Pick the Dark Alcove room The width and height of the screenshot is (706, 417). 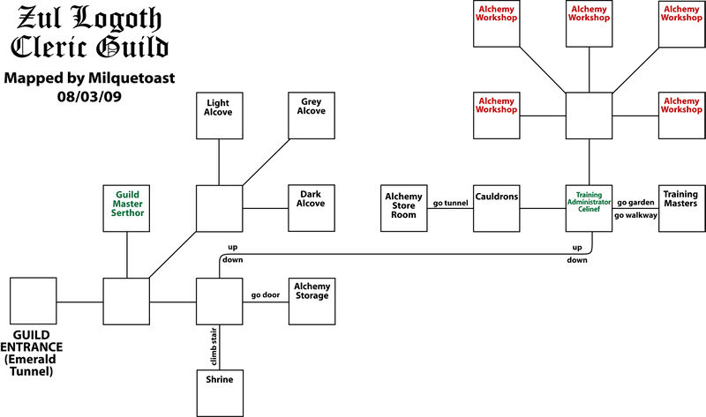pos(312,208)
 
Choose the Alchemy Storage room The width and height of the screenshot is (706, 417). pos(312,301)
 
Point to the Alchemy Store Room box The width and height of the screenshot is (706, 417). pos(404,208)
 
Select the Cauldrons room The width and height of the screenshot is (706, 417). pos(497,208)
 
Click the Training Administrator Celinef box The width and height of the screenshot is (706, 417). pos(589,208)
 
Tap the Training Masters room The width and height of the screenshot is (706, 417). pos(680,208)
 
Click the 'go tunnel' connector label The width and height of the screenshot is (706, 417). pos(450,204)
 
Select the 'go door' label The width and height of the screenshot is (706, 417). pos(265,294)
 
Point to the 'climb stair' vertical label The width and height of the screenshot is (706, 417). pos(213,346)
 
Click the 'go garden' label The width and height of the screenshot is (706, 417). pos(635,203)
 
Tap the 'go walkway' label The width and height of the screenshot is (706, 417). pos(635,215)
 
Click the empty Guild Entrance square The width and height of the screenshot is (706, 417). pos(34,301)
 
